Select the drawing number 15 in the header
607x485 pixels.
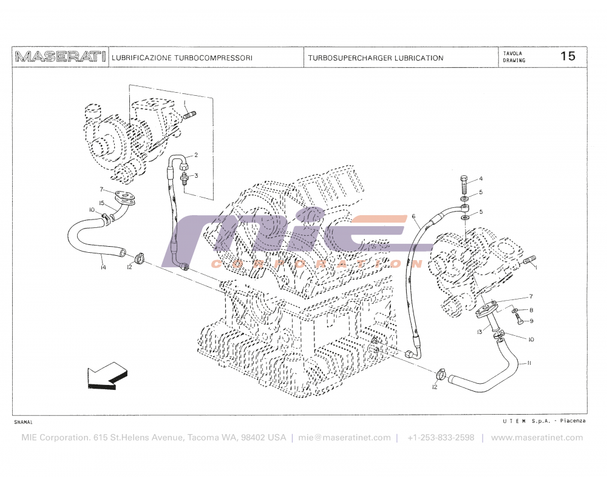(568, 56)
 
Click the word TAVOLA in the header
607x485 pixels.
(512, 53)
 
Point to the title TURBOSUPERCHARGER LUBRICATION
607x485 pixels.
(375, 58)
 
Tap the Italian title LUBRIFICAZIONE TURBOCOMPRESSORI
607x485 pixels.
(182, 58)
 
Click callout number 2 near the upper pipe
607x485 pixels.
(196, 155)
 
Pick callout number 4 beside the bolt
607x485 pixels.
(480, 179)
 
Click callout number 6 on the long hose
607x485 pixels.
(413, 216)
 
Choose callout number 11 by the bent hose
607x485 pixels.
(529, 363)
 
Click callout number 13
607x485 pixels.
(480, 332)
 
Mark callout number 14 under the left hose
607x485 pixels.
(103, 267)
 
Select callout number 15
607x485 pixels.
(103, 202)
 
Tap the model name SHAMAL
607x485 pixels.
(24, 421)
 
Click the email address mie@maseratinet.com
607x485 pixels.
(344, 438)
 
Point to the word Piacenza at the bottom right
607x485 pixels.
(572, 421)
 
